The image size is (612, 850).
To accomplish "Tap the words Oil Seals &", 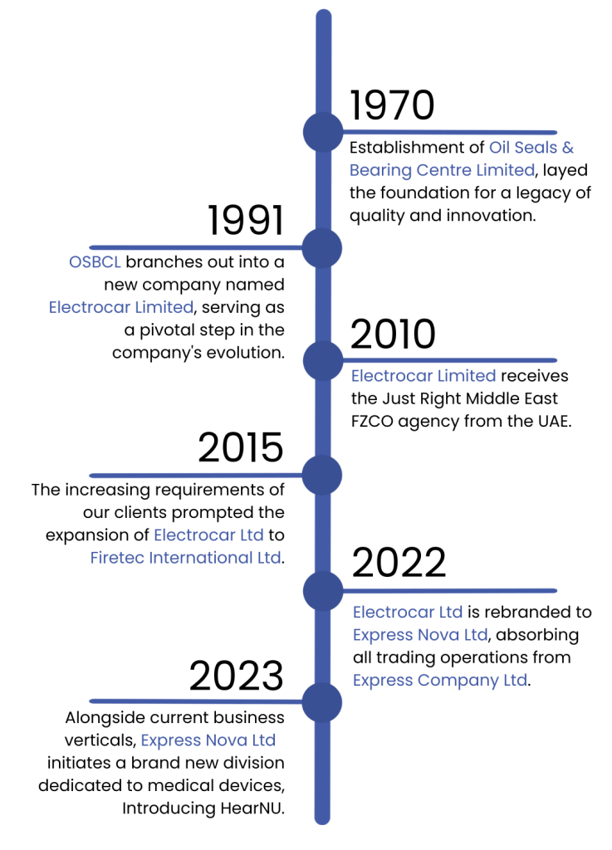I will (x=531, y=148).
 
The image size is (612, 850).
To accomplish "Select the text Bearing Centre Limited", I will (x=441, y=170).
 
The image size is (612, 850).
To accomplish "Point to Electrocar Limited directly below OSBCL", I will (x=121, y=307).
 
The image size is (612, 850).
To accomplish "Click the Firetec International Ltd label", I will (x=185, y=558).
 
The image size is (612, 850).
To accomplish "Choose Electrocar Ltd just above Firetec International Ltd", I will (x=208, y=535).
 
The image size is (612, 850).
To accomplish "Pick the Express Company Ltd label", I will (x=439, y=681).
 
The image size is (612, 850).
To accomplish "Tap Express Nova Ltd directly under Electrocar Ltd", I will (x=419, y=635).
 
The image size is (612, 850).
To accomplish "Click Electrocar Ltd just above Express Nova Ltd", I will (x=407, y=613).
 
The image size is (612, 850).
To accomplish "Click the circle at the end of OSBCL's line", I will (x=321, y=247).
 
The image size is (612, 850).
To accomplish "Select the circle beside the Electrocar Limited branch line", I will (x=322, y=360).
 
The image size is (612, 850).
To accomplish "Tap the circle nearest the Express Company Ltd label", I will (x=321, y=702).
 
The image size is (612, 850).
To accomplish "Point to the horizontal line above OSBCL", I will (x=195, y=247).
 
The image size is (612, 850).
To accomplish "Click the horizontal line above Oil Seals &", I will (x=448, y=132).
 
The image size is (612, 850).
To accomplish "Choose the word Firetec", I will (x=117, y=558).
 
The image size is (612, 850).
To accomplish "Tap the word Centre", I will (x=444, y=170).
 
